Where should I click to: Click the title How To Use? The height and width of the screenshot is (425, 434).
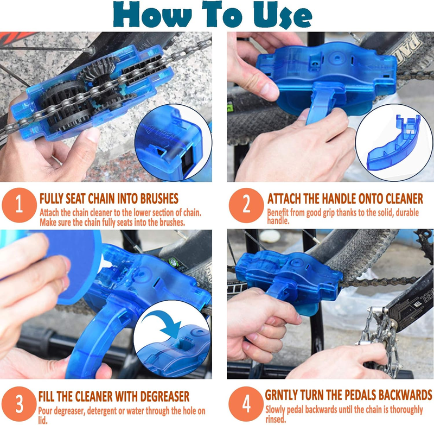(217, 16)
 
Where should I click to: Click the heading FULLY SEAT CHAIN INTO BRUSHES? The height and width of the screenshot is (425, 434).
(109, 198)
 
